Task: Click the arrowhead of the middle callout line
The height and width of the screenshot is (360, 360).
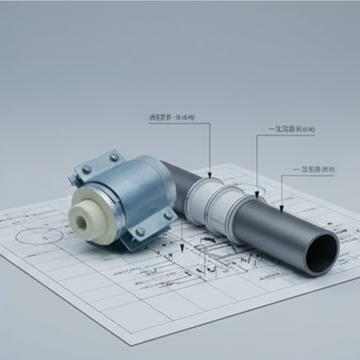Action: click(x=257, y=194)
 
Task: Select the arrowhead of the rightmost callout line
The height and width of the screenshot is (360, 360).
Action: click(x=281, y=208)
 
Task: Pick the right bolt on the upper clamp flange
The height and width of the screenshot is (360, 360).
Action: click(x=114, y=157)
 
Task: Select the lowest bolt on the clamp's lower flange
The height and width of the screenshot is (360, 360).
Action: click(x=140, y=232)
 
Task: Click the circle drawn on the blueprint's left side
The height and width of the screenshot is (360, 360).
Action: click(x=39, y=235)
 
